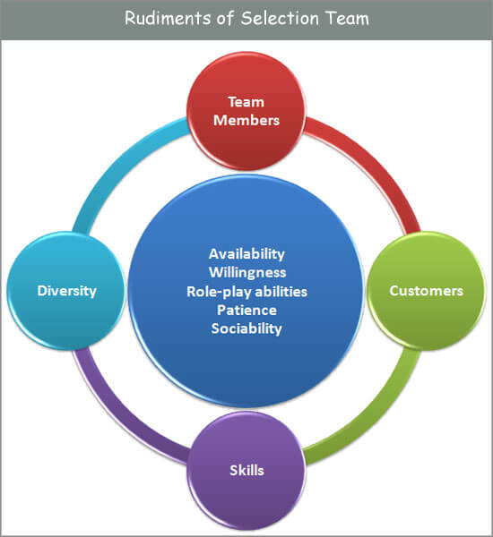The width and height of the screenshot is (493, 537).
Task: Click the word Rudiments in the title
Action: [x=168, y=18]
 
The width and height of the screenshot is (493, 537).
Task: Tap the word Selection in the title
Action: [x=280, y=18]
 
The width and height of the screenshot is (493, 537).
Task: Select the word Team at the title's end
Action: [x=347, y=18]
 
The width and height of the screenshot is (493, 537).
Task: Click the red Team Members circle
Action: [x=246, y=111]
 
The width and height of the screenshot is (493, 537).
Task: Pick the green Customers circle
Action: [x=427, y=291]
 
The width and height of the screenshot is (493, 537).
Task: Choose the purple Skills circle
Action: [x=246, y=471]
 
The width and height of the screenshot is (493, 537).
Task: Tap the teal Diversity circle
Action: [x=66, y=291]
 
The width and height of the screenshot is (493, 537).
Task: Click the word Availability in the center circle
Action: [x=246, y=254]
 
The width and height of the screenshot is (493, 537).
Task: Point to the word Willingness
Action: [x=247, y=273]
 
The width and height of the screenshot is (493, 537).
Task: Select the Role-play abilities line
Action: [x=247, y=292]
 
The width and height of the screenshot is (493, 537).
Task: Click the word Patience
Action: [x=246, y=311]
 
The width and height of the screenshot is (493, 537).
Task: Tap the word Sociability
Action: [x=246, y=328]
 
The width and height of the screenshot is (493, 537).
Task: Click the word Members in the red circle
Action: [x=246, y=121]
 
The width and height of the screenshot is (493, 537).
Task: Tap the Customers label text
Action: [x=427, y=291]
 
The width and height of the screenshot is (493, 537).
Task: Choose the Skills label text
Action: [x=246, y=471]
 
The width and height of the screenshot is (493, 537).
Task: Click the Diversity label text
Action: [x=66, y=291]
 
